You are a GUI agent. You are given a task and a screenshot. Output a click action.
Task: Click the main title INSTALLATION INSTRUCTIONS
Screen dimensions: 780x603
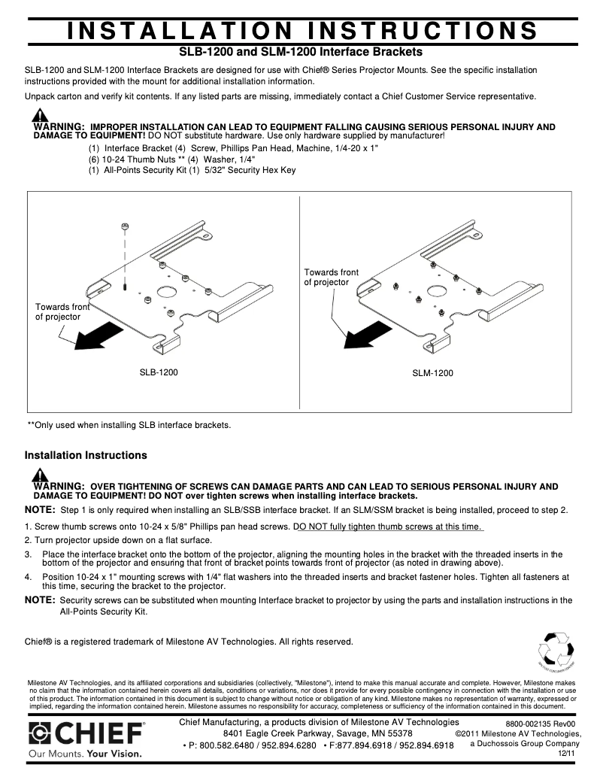[x=301, y=30]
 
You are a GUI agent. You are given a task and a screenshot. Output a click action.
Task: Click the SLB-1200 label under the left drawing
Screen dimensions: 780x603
[x=159, y=372]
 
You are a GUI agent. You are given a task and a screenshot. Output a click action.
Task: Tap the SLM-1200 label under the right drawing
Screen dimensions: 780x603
[x=432, y=372]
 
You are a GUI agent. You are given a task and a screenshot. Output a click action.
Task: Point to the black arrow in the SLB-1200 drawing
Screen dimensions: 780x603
[x=98, y=334]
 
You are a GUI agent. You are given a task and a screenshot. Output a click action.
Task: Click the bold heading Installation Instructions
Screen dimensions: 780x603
[x=86, y=455]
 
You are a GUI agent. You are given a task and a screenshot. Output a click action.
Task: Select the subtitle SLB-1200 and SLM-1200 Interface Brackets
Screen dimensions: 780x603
[x=300, y=53]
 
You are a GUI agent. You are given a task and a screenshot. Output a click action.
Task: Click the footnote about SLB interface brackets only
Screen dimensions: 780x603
[x=129, y=425]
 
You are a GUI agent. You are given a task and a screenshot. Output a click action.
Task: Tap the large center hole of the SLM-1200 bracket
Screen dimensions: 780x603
[x=436, y=290]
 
